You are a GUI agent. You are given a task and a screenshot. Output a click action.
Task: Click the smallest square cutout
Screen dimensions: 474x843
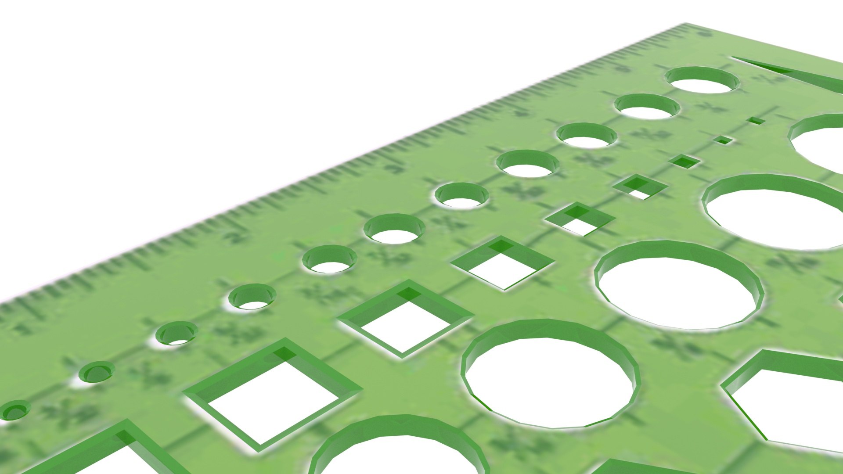pos(756,120)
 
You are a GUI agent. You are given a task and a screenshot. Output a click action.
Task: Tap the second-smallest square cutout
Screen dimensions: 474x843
pos(723,140)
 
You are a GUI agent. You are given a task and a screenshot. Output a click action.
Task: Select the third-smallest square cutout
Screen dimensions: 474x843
pos(684,161)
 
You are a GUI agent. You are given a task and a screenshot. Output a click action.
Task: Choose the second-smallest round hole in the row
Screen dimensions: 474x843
pos(97,372)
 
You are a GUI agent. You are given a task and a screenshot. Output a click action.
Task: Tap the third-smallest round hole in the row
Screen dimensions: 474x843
pos(176,334)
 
